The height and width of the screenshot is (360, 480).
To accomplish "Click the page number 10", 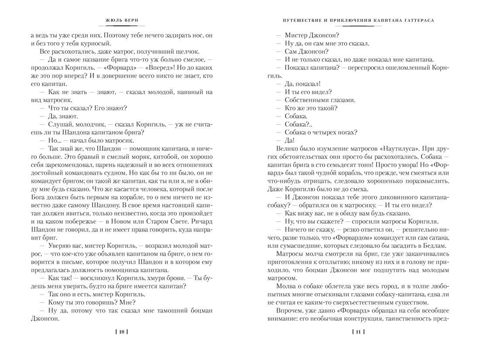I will click(x=121, y=332).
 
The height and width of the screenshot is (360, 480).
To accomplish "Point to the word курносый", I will click(x=95, y=43).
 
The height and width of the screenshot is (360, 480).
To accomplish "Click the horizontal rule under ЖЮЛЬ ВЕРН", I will click(x=122, y=26).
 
